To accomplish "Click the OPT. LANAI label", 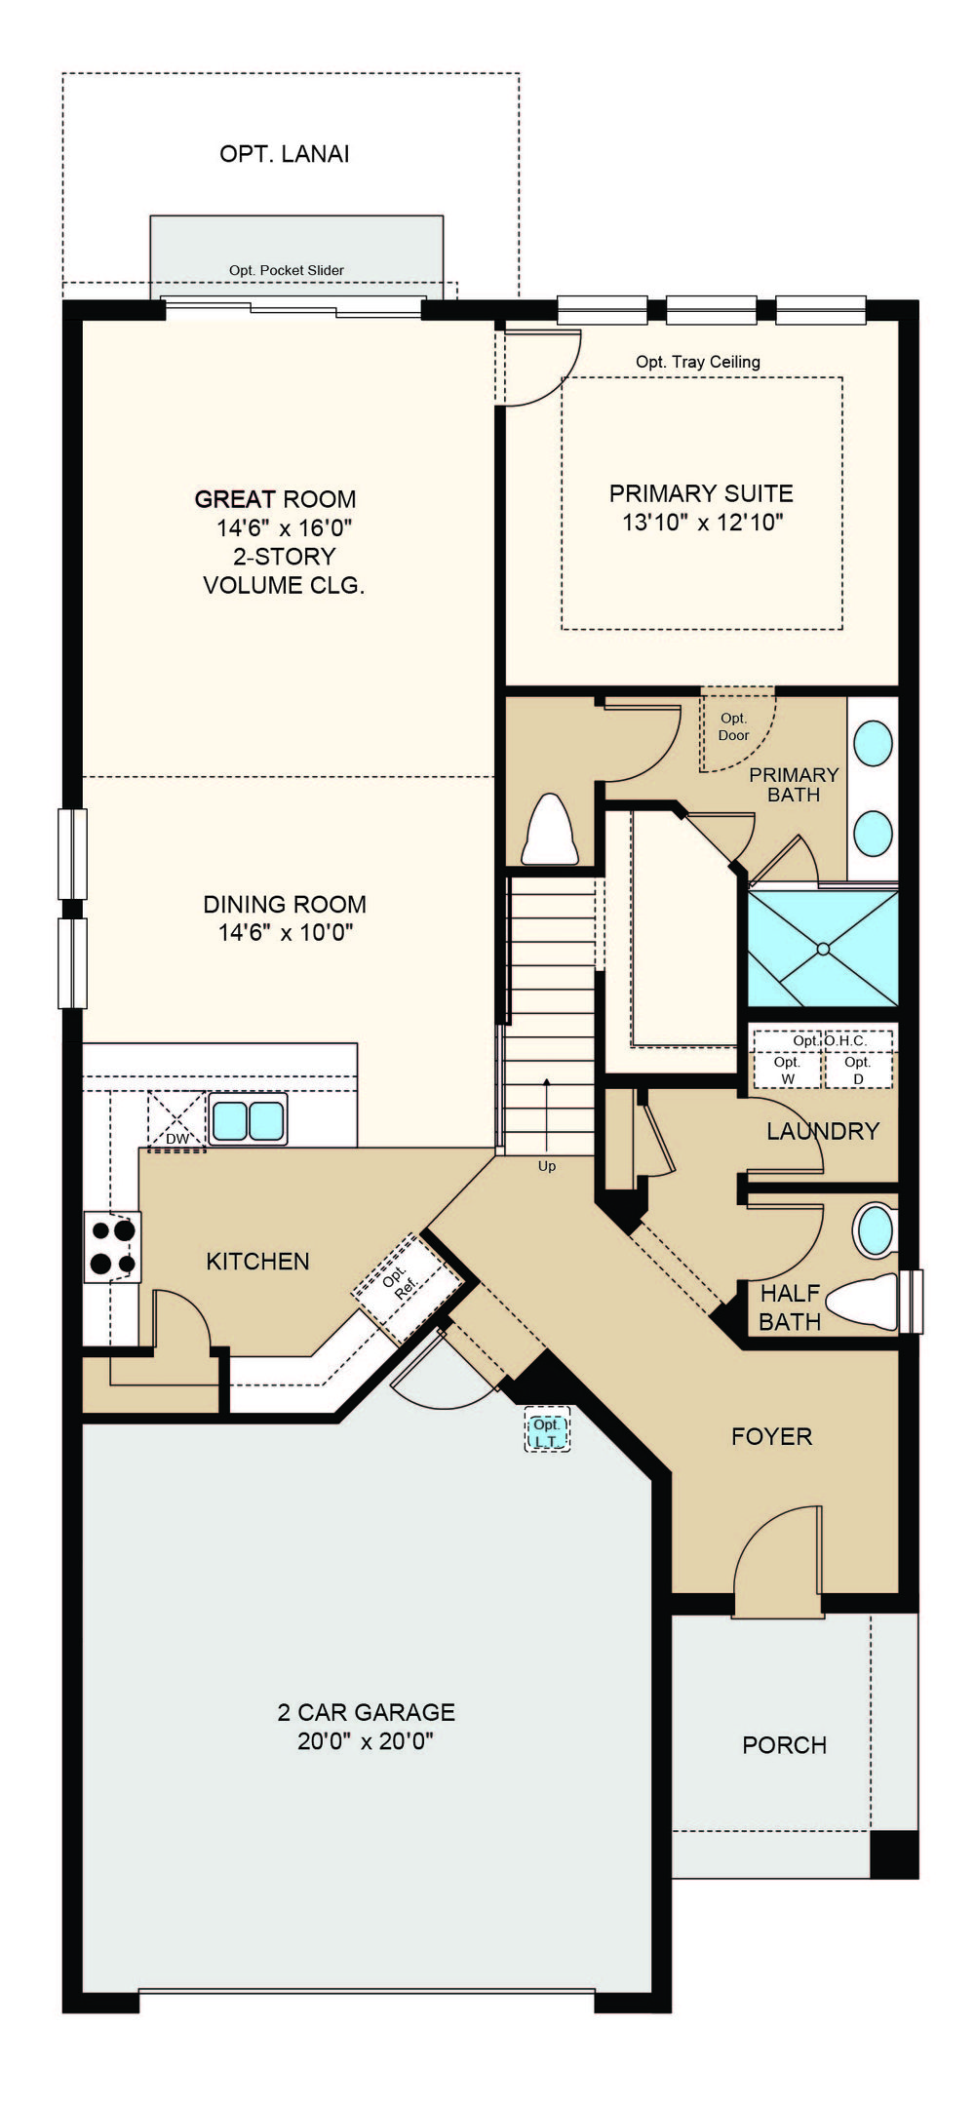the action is pos(284,154).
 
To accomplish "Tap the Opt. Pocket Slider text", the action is pos(287,270).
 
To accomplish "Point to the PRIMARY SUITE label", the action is pos(701,493).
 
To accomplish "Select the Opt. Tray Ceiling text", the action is pos(698,362).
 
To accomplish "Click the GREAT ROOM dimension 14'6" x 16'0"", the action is pos(284,528).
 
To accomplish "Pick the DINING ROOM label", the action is pos(285,904).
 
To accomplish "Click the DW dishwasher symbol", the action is pos(176,1121).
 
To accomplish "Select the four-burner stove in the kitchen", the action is pos(112,1247).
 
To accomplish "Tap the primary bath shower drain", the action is pos(824,948).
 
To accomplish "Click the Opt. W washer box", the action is pos(788,1070).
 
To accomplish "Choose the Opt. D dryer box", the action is pos(858,1070).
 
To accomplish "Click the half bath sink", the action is pos(875,1232).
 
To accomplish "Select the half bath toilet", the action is pos(868,1302).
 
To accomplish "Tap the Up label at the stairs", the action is pos(547,1166).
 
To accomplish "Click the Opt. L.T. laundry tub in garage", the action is pos(547,1430).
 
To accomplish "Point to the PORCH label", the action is pos(785,1745).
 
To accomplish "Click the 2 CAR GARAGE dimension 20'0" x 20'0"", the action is pos(366,1741).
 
